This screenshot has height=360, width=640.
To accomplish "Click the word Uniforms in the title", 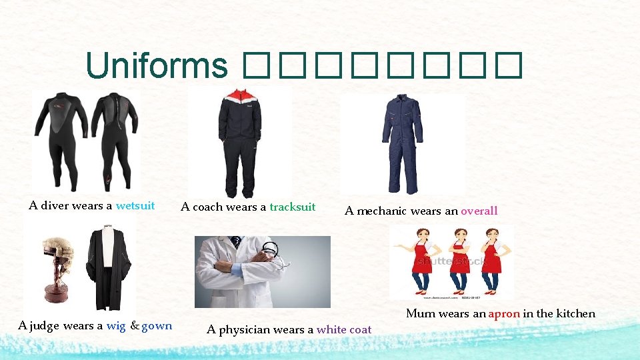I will point(157,65).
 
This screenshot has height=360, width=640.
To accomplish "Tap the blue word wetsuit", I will point(135,205).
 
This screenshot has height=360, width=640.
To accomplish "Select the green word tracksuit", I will point(293,207).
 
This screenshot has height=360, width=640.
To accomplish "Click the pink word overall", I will point(479,211).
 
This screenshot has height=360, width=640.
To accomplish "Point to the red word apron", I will point(504,313).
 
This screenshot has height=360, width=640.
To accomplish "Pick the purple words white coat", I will point(344,329).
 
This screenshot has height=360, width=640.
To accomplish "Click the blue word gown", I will point(157,326).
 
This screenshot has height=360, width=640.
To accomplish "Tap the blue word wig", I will point(116,326).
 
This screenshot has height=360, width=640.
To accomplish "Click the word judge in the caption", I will point(44,326).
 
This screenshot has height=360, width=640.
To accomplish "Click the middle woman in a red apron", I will point(458,260).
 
